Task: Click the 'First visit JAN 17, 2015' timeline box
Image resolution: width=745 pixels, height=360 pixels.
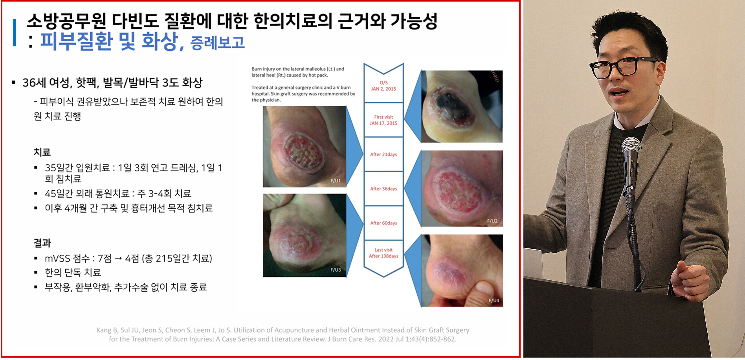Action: (x=384, y=120)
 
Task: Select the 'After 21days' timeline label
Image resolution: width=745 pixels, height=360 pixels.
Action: (x=384, y=154)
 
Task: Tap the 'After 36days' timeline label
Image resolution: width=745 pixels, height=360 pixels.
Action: (x=384, y=189)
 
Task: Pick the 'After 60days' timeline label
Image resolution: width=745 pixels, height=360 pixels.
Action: (x=384, y=223)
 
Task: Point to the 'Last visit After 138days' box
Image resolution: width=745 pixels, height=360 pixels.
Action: (x=384, y=253)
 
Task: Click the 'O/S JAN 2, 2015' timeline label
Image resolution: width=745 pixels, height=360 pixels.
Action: (x=384, y=86)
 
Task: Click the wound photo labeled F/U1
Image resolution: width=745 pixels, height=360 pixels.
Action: (x=305, y=146)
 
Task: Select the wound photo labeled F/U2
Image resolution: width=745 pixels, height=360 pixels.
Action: (x=462, y=188)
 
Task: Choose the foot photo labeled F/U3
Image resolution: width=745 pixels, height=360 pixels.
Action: (x=305, y=235)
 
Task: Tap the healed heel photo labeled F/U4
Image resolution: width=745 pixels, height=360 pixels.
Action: (x=462, y=270)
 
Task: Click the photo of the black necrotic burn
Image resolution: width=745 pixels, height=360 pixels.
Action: (x=462, y=106)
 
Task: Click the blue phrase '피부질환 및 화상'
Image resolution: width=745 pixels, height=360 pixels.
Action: (x=109, y=41)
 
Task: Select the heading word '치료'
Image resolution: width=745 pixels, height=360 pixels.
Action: (x=42, y=152)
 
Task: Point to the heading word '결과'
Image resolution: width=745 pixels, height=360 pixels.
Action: (x=42, y=243)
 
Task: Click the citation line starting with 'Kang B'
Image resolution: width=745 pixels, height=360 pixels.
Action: (x=283, y=330)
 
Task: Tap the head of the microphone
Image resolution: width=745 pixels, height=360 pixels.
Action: (x=631, y=147)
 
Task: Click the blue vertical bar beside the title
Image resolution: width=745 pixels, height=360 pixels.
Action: (x=15, y=32)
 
